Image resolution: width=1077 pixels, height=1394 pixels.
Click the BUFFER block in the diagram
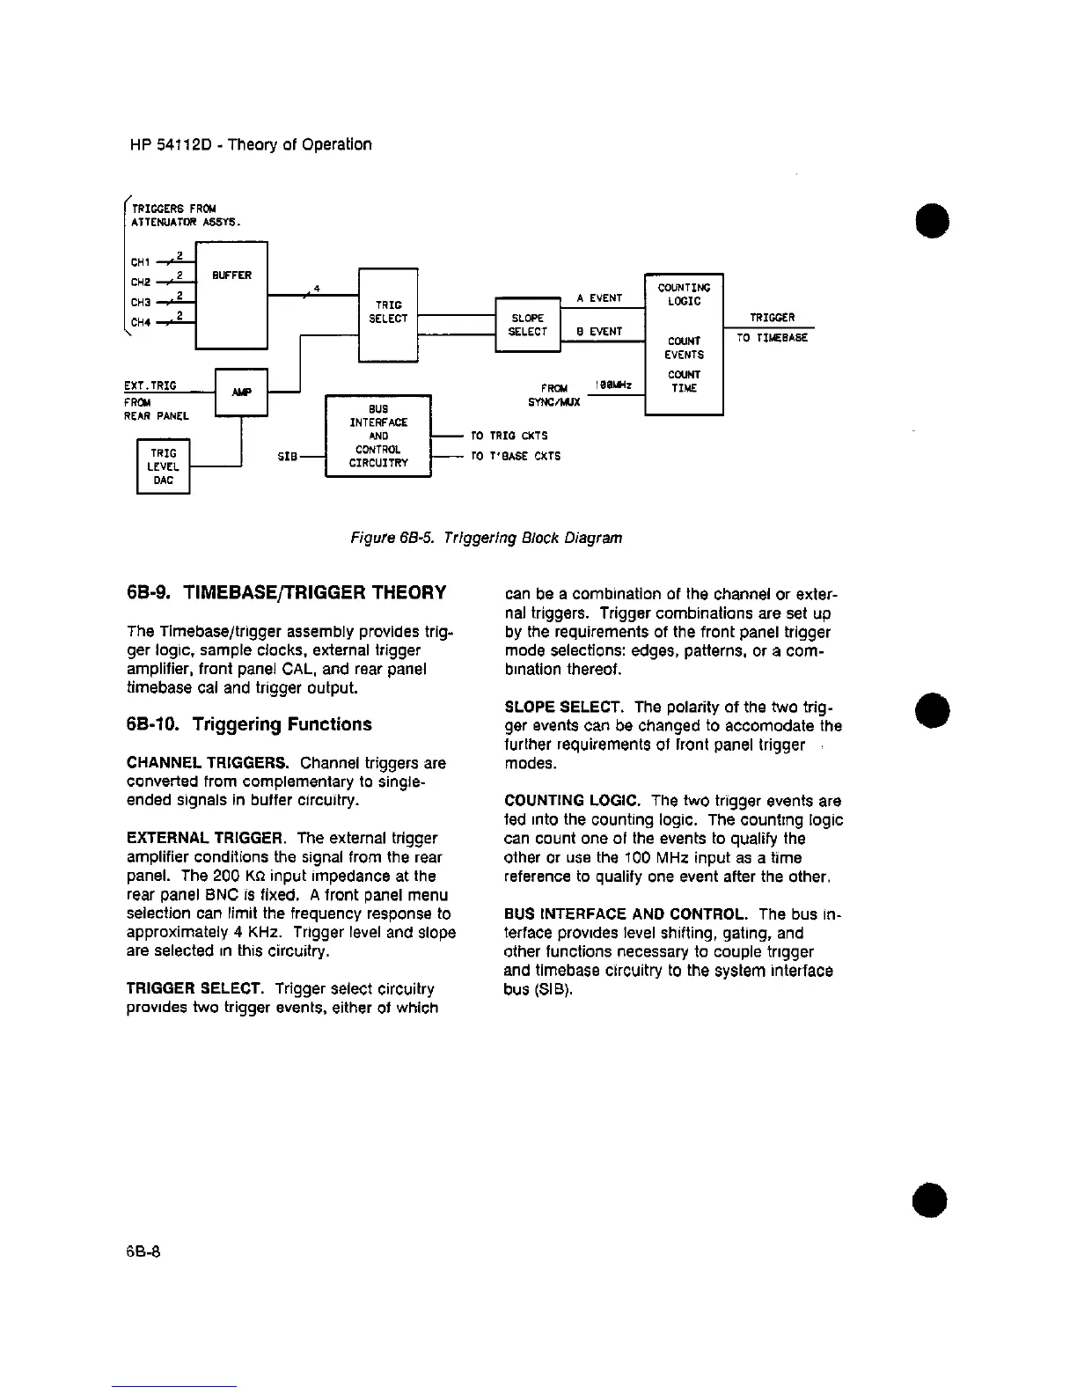click(231, 296)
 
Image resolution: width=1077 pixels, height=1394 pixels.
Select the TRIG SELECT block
click(387, 313)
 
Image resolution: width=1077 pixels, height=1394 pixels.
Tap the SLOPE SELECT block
click(528, 325)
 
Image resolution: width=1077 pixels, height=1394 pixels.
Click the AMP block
click(240, 392)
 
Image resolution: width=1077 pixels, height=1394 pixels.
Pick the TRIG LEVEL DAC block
click(164, 467)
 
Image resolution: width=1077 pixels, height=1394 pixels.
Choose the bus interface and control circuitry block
click(377, 436)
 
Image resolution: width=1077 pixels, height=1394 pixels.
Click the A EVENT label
click(599, 298)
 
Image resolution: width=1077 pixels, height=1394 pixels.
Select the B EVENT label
click(599, 332)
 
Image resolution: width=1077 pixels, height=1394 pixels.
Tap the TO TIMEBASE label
click(772, 337)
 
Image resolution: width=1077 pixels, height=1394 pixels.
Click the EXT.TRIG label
click(150, 385)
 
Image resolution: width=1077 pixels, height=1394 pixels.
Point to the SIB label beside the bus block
click(287, 457)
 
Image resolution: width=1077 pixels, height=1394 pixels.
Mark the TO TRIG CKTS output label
click(509, 436)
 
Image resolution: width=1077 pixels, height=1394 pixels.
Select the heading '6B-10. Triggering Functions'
click(249, 724)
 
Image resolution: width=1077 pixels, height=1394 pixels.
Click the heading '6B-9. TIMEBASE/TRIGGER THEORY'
click(286, 592)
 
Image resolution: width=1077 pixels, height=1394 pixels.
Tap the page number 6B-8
click(143, 1251)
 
